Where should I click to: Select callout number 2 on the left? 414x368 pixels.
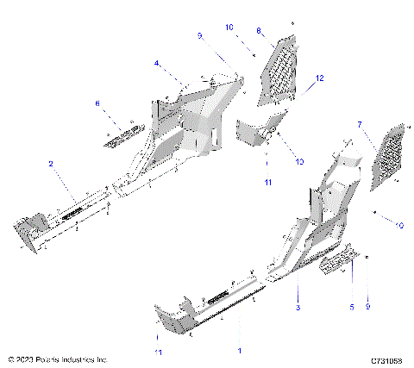coord(51,164)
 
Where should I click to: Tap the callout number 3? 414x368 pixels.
coord(298,307)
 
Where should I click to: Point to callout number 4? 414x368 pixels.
coord(156,63)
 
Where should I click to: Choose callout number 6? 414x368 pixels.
coord(97,103)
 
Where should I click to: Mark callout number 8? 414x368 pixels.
coord(258,32)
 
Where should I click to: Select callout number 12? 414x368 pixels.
coord(319,78)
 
